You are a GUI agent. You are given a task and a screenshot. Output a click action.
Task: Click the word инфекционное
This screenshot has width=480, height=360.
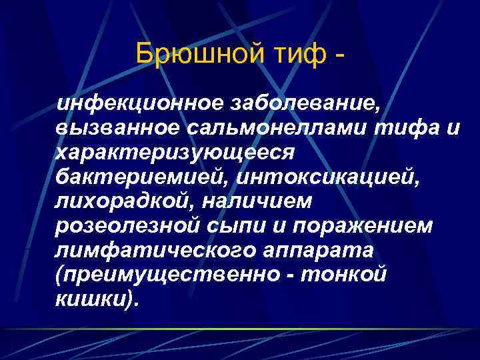139,104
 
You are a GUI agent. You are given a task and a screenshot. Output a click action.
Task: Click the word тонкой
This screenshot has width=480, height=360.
354,275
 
